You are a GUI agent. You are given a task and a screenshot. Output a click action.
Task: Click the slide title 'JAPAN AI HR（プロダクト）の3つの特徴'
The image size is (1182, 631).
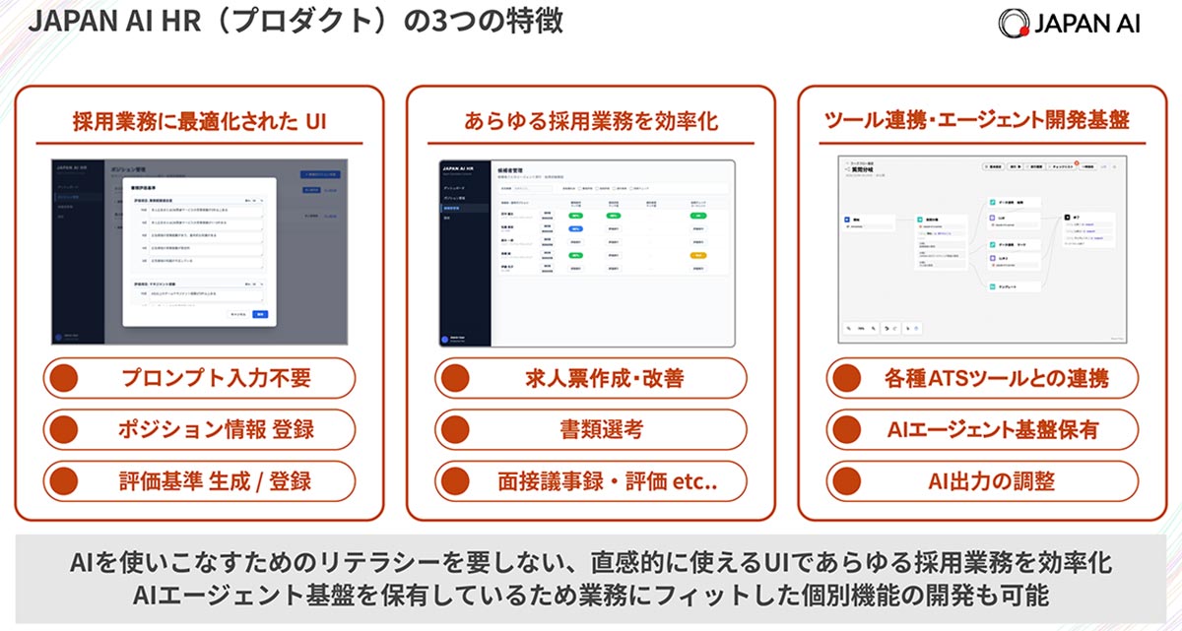[x=295, y=22]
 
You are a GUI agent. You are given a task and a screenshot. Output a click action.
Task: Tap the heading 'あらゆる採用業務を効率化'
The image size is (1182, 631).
[x=591, y=122]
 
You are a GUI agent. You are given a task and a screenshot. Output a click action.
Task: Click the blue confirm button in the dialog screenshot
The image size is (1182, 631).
[x=260, y=314]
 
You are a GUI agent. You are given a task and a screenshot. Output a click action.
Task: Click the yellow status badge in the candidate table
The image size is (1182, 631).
[x=699, y=254]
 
